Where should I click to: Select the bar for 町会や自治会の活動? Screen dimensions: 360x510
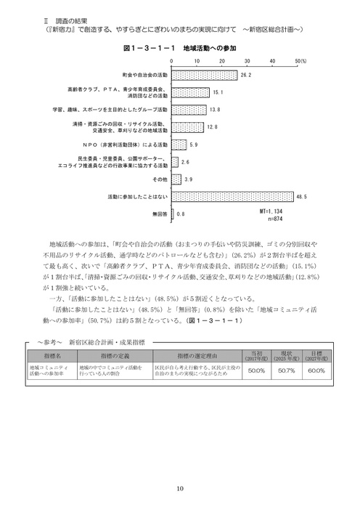pos(206,75)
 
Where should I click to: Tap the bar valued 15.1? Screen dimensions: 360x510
pos(191,92)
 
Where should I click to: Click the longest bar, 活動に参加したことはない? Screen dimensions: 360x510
pos(235,196)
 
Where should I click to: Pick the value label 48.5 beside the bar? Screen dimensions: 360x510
pos(302,196)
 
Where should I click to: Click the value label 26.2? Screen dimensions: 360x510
pos(245,75)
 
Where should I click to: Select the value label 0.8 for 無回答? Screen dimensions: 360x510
pos(181,214)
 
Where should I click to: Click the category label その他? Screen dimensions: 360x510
pos(158,179)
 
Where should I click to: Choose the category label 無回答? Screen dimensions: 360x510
pos(160,214)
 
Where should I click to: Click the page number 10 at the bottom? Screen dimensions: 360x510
pos(179,487)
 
